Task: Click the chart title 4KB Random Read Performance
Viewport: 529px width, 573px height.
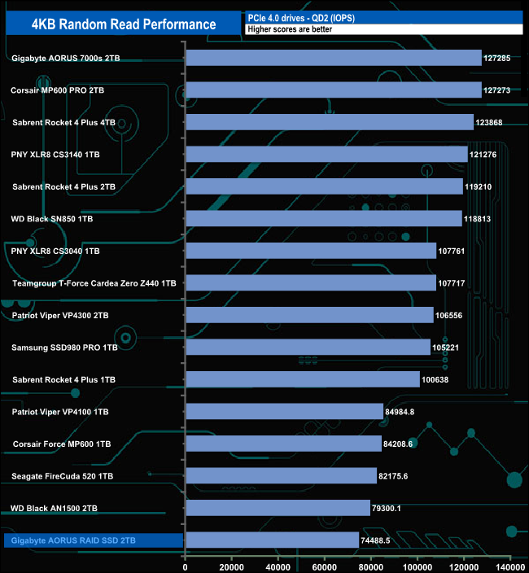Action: click(x=124, y=24)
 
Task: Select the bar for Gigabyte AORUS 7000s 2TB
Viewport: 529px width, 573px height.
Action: click(x=334, y=58)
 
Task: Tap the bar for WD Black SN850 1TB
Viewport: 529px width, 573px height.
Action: click(x=324, y=218)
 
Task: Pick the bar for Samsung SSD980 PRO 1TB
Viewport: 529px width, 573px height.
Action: click(x=308, y=348)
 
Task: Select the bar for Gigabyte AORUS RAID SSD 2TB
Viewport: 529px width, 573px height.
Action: click(x=272, y=540)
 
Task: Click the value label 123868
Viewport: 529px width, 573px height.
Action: click(x=492, y=122)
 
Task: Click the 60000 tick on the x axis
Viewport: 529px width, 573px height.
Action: click(x=325, y=566)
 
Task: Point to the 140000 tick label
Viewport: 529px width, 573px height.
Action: click(x=510, y=566)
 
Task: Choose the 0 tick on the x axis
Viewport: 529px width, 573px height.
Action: click(x=186, y=566)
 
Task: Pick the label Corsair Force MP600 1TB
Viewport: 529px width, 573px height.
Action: click(x=62, y=444)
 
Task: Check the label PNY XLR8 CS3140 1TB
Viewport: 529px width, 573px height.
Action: click(x=56, y=155)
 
